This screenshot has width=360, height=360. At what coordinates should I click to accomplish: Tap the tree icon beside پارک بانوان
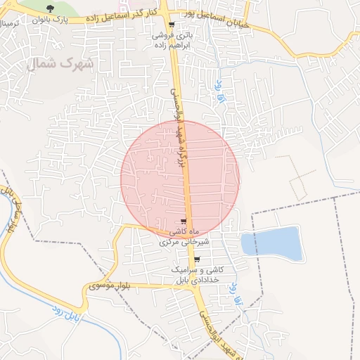(50, 8)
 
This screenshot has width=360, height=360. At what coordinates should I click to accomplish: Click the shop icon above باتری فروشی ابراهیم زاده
(171, 24)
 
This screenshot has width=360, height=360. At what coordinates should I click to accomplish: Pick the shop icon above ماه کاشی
(184, 221)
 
